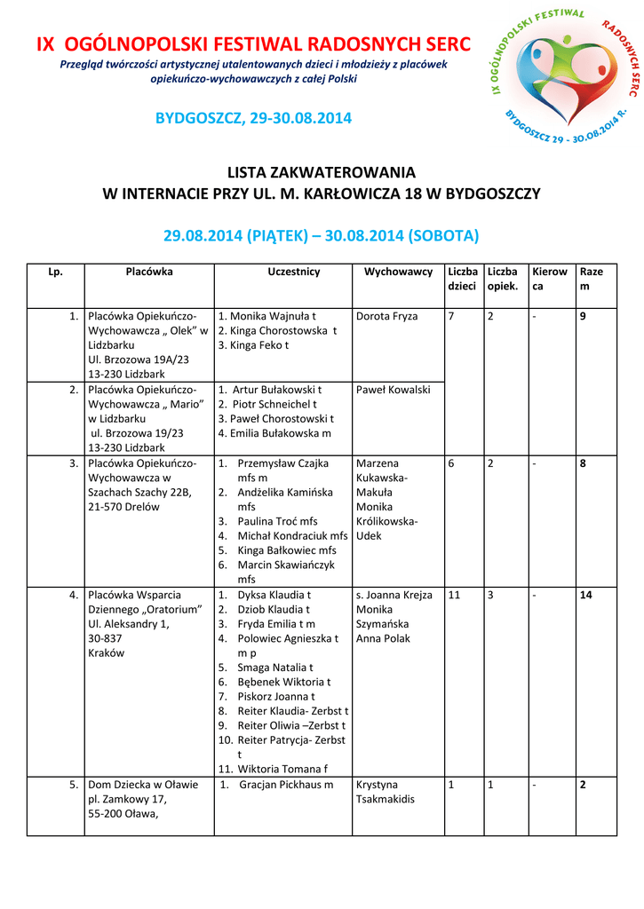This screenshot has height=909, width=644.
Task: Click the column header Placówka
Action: pyautogui.click(x=149, y=272)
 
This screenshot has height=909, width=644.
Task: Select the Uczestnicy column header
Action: pyautogui.click(x=293, y=272)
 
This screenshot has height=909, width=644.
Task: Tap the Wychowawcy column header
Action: pyautogui.click(x=398, y=272)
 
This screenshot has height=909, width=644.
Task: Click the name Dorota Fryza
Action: pyautogui.click(x=386, y=316)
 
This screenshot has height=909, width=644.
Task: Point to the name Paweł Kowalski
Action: pyautogui.click(x=393, y=390)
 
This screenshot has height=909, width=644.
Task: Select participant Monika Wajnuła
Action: pyautogui.click(x=267, y=316)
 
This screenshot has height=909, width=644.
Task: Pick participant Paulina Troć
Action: pyautogui.click(x=277, y=521)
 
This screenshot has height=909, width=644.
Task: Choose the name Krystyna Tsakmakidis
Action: pyautogui.click(x=386, y=792)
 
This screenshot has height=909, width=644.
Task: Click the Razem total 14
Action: pyautogui.click(x=585, y=595)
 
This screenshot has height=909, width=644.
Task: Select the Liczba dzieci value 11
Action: pyautogui.click(x=454, y=595)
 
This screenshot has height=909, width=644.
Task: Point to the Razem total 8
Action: pyautogui.click(x=583, y=463)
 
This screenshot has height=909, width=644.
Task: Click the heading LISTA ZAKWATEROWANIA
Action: pyautogui.click(x=322, y=172)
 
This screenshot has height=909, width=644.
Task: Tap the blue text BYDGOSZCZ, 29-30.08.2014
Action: pyautogui.click(x=253, y=118)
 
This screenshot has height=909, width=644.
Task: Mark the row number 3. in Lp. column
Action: pyautogui.click(x=74, y=463)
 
